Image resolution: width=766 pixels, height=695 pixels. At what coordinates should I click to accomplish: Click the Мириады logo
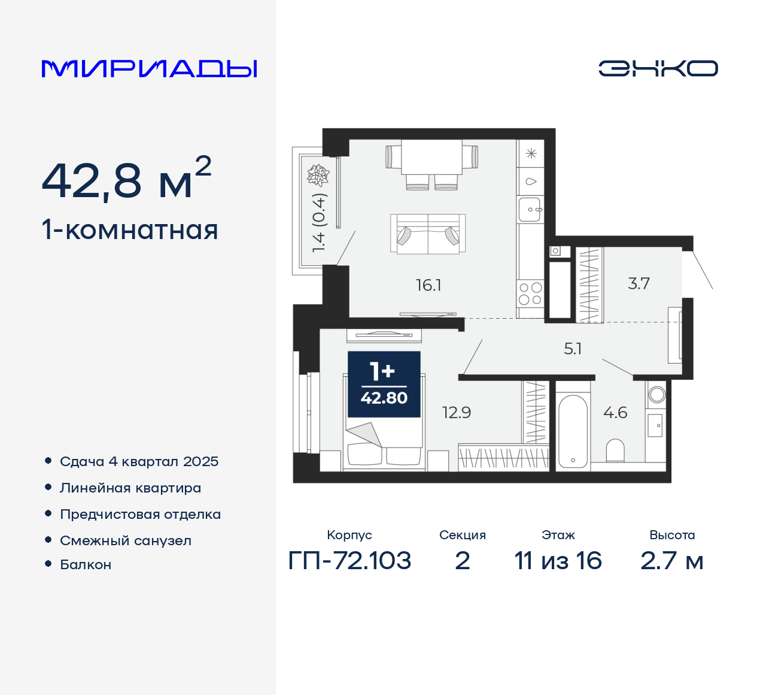pyautogui.click(x=149, y=68)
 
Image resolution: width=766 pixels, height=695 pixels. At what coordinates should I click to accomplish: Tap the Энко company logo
pyautogui.click(x=658, y=68)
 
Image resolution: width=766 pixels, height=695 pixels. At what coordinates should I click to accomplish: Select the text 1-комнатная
pyautogui.click(x=130, y=230)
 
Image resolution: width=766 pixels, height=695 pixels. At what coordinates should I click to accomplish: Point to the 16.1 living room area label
pyautogui.click(x=428, y=285)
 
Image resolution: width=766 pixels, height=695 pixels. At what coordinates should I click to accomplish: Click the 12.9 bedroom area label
pyautogui.click(x=457, y=413)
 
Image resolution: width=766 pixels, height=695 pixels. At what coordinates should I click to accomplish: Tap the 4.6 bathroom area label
pyautogui.click(x=615, y=413)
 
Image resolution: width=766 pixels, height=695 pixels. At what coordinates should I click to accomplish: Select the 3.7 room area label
pyautogui.click(x=639, y=283)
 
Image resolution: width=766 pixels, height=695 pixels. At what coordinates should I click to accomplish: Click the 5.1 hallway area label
pyautogui.click(x=573, y=349)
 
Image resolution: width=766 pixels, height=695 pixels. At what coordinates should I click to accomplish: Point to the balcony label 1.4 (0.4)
pyautogui.click(x=318, y=222)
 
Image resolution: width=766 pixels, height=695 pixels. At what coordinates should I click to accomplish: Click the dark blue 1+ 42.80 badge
pyautogui.click(x=384, y=384)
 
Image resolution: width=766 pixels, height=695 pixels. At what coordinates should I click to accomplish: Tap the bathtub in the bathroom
pyautogui.click(x=573, y=431)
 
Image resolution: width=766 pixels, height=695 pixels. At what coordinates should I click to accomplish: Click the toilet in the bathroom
pyautogui.click(x=615, y=450)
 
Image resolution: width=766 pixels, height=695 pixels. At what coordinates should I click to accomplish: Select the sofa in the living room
pyautogui.click(x=428, y=234)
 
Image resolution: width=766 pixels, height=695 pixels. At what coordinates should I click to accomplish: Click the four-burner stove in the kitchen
pyautogui.click(x=530, y=294)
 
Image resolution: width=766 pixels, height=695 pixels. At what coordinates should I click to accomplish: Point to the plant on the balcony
pyautogui.click(x=318, y=175)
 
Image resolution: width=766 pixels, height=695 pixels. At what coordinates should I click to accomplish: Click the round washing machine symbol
pyautogui.click(x=656, y=394)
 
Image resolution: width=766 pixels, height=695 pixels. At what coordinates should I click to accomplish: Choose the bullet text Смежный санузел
pyautogui.click(x=126, y=540)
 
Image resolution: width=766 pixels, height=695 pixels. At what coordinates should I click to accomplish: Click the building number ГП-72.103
pyautogui.click(x=349, y=561)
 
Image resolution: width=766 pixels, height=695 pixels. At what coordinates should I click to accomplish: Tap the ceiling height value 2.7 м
pyautogui.click(x=671, y=561)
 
